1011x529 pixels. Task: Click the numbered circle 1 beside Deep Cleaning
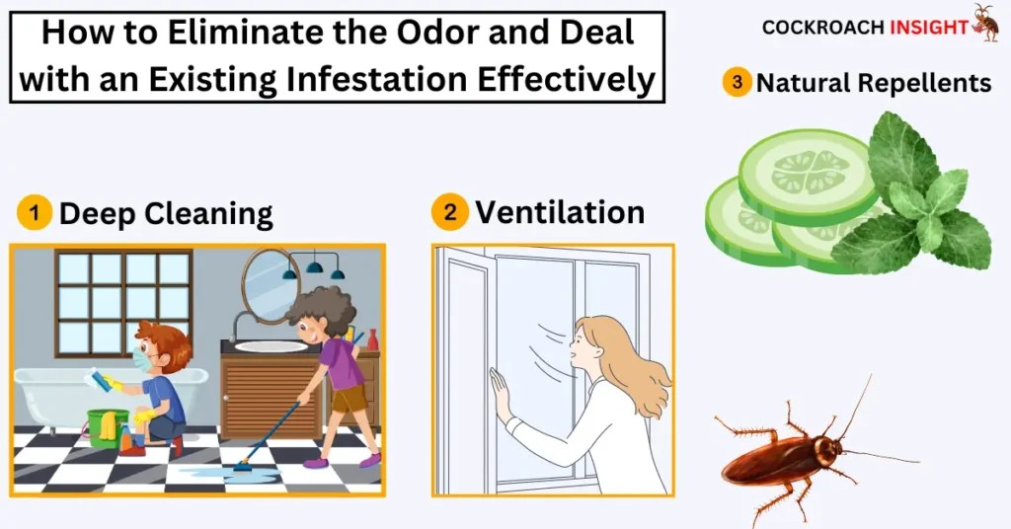35,212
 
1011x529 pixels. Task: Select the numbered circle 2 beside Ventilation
450,211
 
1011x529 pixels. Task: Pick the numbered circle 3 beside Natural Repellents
737,82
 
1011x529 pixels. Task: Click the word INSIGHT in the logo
928,28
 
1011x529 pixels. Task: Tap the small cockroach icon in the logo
985,22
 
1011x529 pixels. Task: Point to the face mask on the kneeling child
141,360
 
